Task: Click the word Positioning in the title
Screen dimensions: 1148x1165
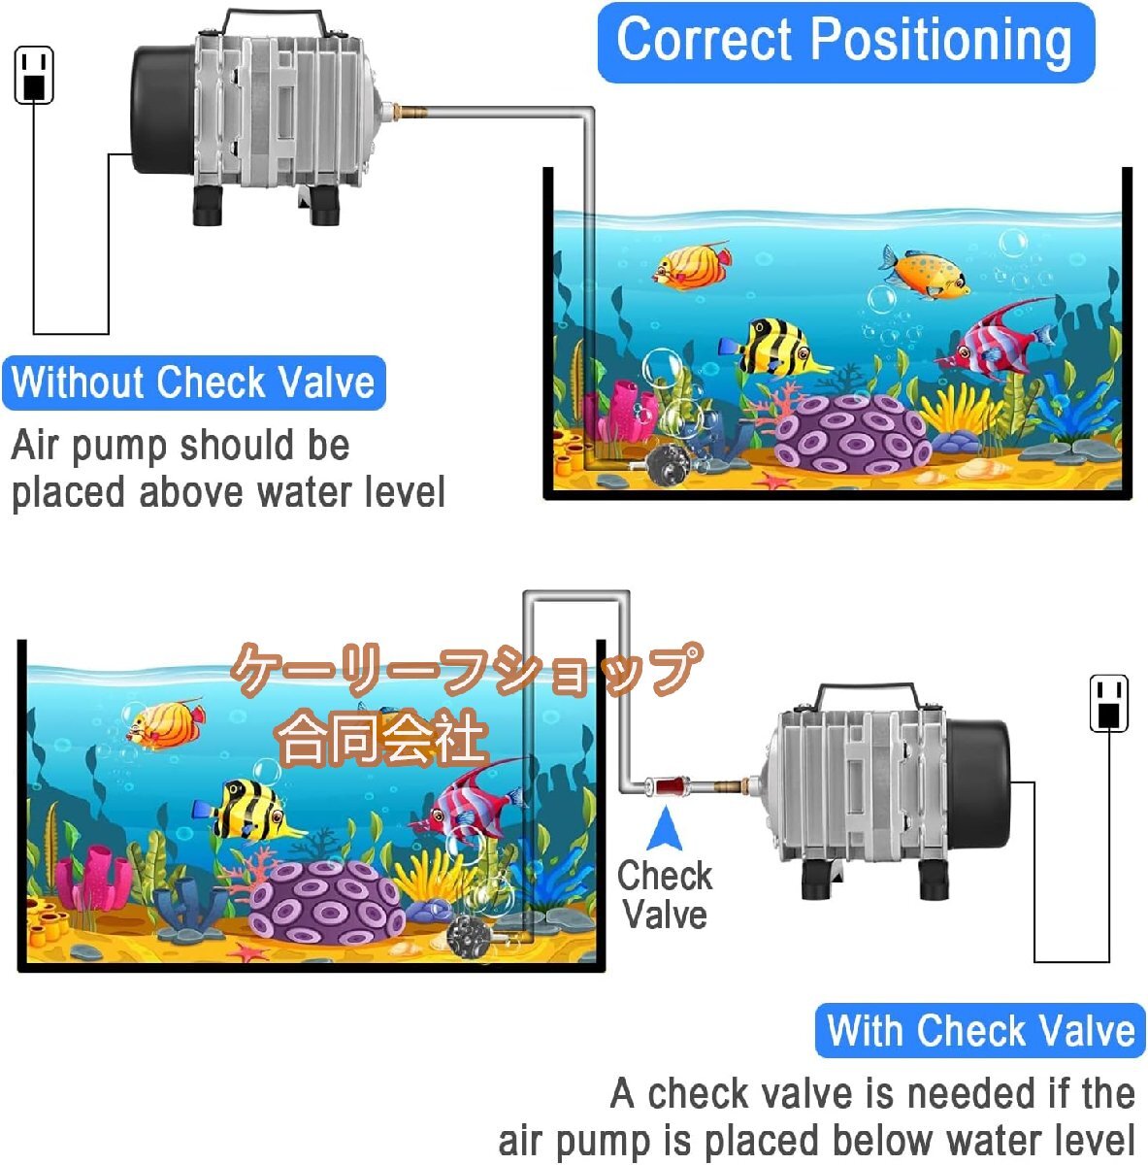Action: (941, 41)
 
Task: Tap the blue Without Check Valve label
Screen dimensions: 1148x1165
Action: (193, 383)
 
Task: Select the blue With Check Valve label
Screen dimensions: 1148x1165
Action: (980, 1030)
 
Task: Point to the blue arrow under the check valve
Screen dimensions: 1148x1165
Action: (665, 829)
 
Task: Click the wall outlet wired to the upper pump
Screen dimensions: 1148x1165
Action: (34, 75)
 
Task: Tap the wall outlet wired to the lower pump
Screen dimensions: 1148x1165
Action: (1109, 704)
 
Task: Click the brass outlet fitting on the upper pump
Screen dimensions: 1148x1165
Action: (407, 112)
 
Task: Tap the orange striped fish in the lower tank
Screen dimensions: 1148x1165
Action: (165, 722)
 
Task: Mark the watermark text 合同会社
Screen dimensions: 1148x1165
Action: (380, 736)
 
